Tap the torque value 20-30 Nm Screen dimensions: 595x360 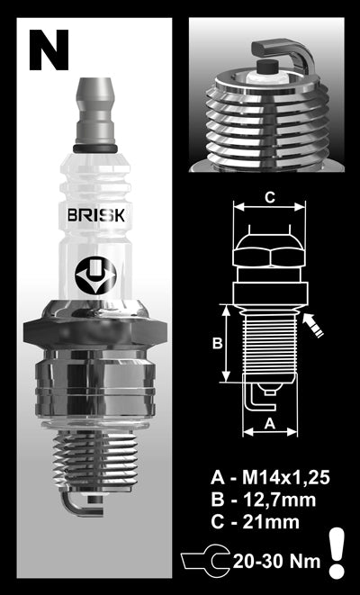click(x=283, y=559)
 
